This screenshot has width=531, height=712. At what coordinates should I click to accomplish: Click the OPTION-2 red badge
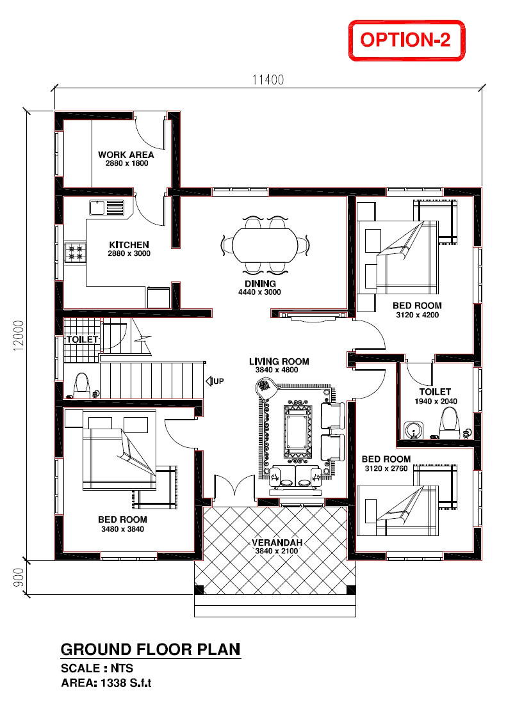[x=405, y=40]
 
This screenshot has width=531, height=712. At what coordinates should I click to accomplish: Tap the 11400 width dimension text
[x=268, y=80]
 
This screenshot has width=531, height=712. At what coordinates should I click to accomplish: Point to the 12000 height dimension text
[x=19, y=335]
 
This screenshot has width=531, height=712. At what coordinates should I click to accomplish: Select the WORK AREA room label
[x=126, y=154]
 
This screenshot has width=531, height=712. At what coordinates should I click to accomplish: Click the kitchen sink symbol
[x=106, y=208]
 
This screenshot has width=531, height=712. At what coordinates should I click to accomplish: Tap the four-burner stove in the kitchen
[x=75, y=252]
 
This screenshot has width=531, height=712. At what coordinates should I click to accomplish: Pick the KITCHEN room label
[x=129, y=245]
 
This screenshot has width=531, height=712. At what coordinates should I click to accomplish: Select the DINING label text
[x=260, y=283]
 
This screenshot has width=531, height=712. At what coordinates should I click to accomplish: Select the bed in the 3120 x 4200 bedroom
[x=397, y=257]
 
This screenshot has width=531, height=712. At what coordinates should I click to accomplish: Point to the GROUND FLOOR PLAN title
[x=150, y=650]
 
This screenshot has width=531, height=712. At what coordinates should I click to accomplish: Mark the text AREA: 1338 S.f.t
[x=106, y=683]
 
